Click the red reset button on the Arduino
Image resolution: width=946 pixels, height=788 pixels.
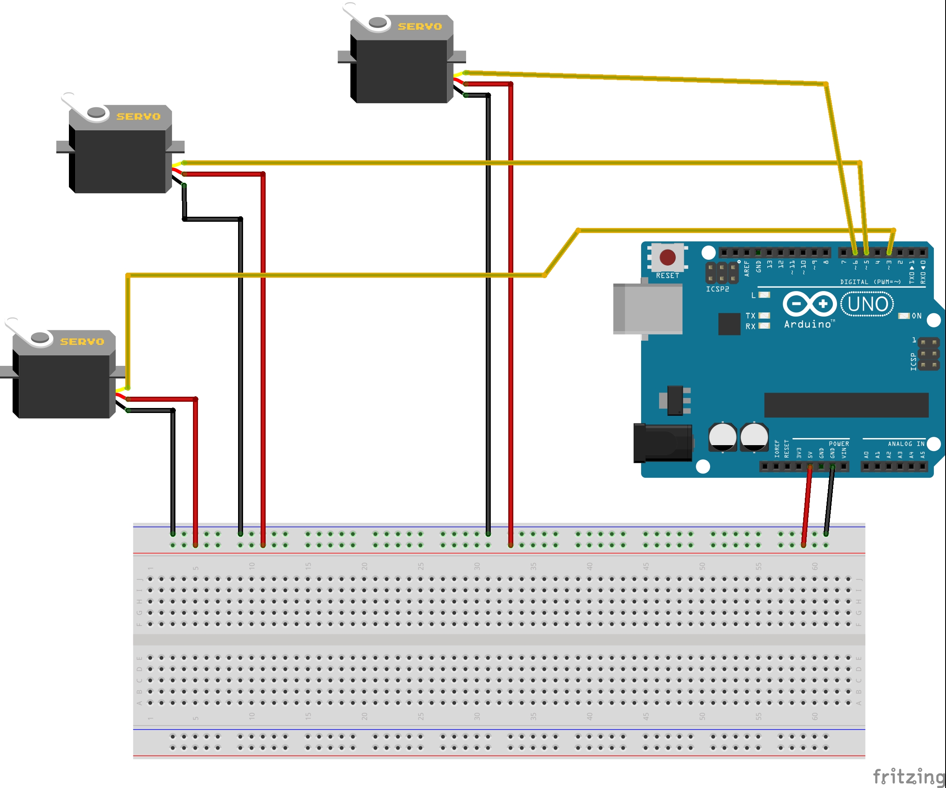pyautogui.click(x=667, y=257)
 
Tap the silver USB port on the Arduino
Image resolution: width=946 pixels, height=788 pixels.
pyautogui.click(x=648, y=309)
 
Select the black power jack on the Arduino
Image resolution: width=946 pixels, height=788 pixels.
pyautogui.click(x=662, y=443)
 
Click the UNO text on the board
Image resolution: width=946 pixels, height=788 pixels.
pyautogui.click(x=867, y=304)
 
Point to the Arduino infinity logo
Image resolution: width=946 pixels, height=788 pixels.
pyautogui.click(x=809, y=304)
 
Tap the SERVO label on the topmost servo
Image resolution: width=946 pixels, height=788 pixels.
pyautogui.click(x=420, y=27)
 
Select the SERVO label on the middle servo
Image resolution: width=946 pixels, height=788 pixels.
pyautogui.click(x=138, y=117)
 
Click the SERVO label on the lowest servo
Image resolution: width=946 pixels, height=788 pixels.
pyautogui.click(x=82, y=342)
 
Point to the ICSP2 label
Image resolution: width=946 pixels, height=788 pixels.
pyautogui.click(x=717, y=289)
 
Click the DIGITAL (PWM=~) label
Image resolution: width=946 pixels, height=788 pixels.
pyautogui.click(x=870, y=282)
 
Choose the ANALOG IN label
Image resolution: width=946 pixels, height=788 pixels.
pyautogui.click(x=906, y=443)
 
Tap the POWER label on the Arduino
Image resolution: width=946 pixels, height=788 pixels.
pyautogui.click(x=839, y=443)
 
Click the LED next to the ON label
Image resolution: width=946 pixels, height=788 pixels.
pyautogui.click(x=904, y=316)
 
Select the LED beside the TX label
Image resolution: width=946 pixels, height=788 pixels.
pyautogui.click(x=764, y=315)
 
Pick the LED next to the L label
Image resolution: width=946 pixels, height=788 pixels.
pyautogui.click(x=764, y=295)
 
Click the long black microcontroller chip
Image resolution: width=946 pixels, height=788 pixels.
pyautogui.click(x=846, y=405)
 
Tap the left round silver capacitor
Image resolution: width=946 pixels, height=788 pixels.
pyautogui.click(x=723, y=436)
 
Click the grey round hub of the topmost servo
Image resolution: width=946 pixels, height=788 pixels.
pyautogui.click(x=378, y=22)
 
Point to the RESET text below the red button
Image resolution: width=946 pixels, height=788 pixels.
pyautogui.click(x=667, y=276)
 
